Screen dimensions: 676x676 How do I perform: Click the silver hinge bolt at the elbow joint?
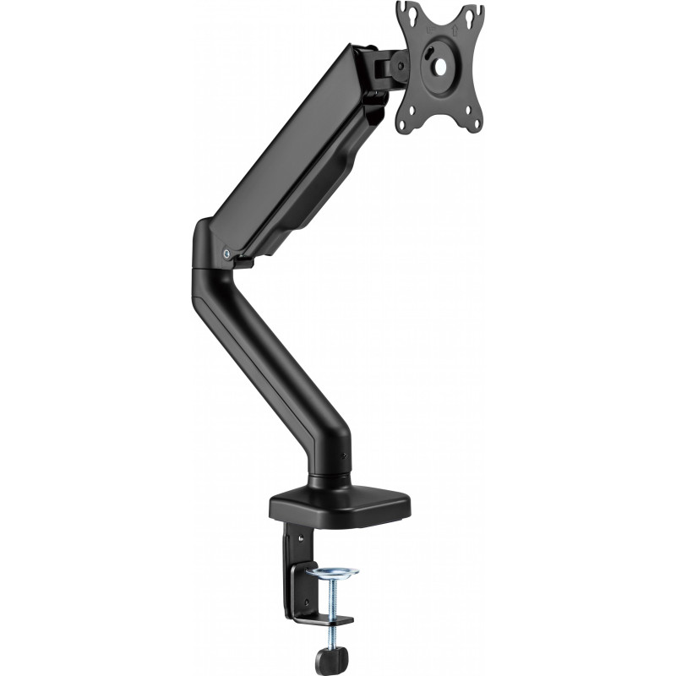(225, 251)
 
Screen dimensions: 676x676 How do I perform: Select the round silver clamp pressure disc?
(331, 573)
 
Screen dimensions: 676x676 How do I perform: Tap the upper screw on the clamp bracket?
(297, 533)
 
